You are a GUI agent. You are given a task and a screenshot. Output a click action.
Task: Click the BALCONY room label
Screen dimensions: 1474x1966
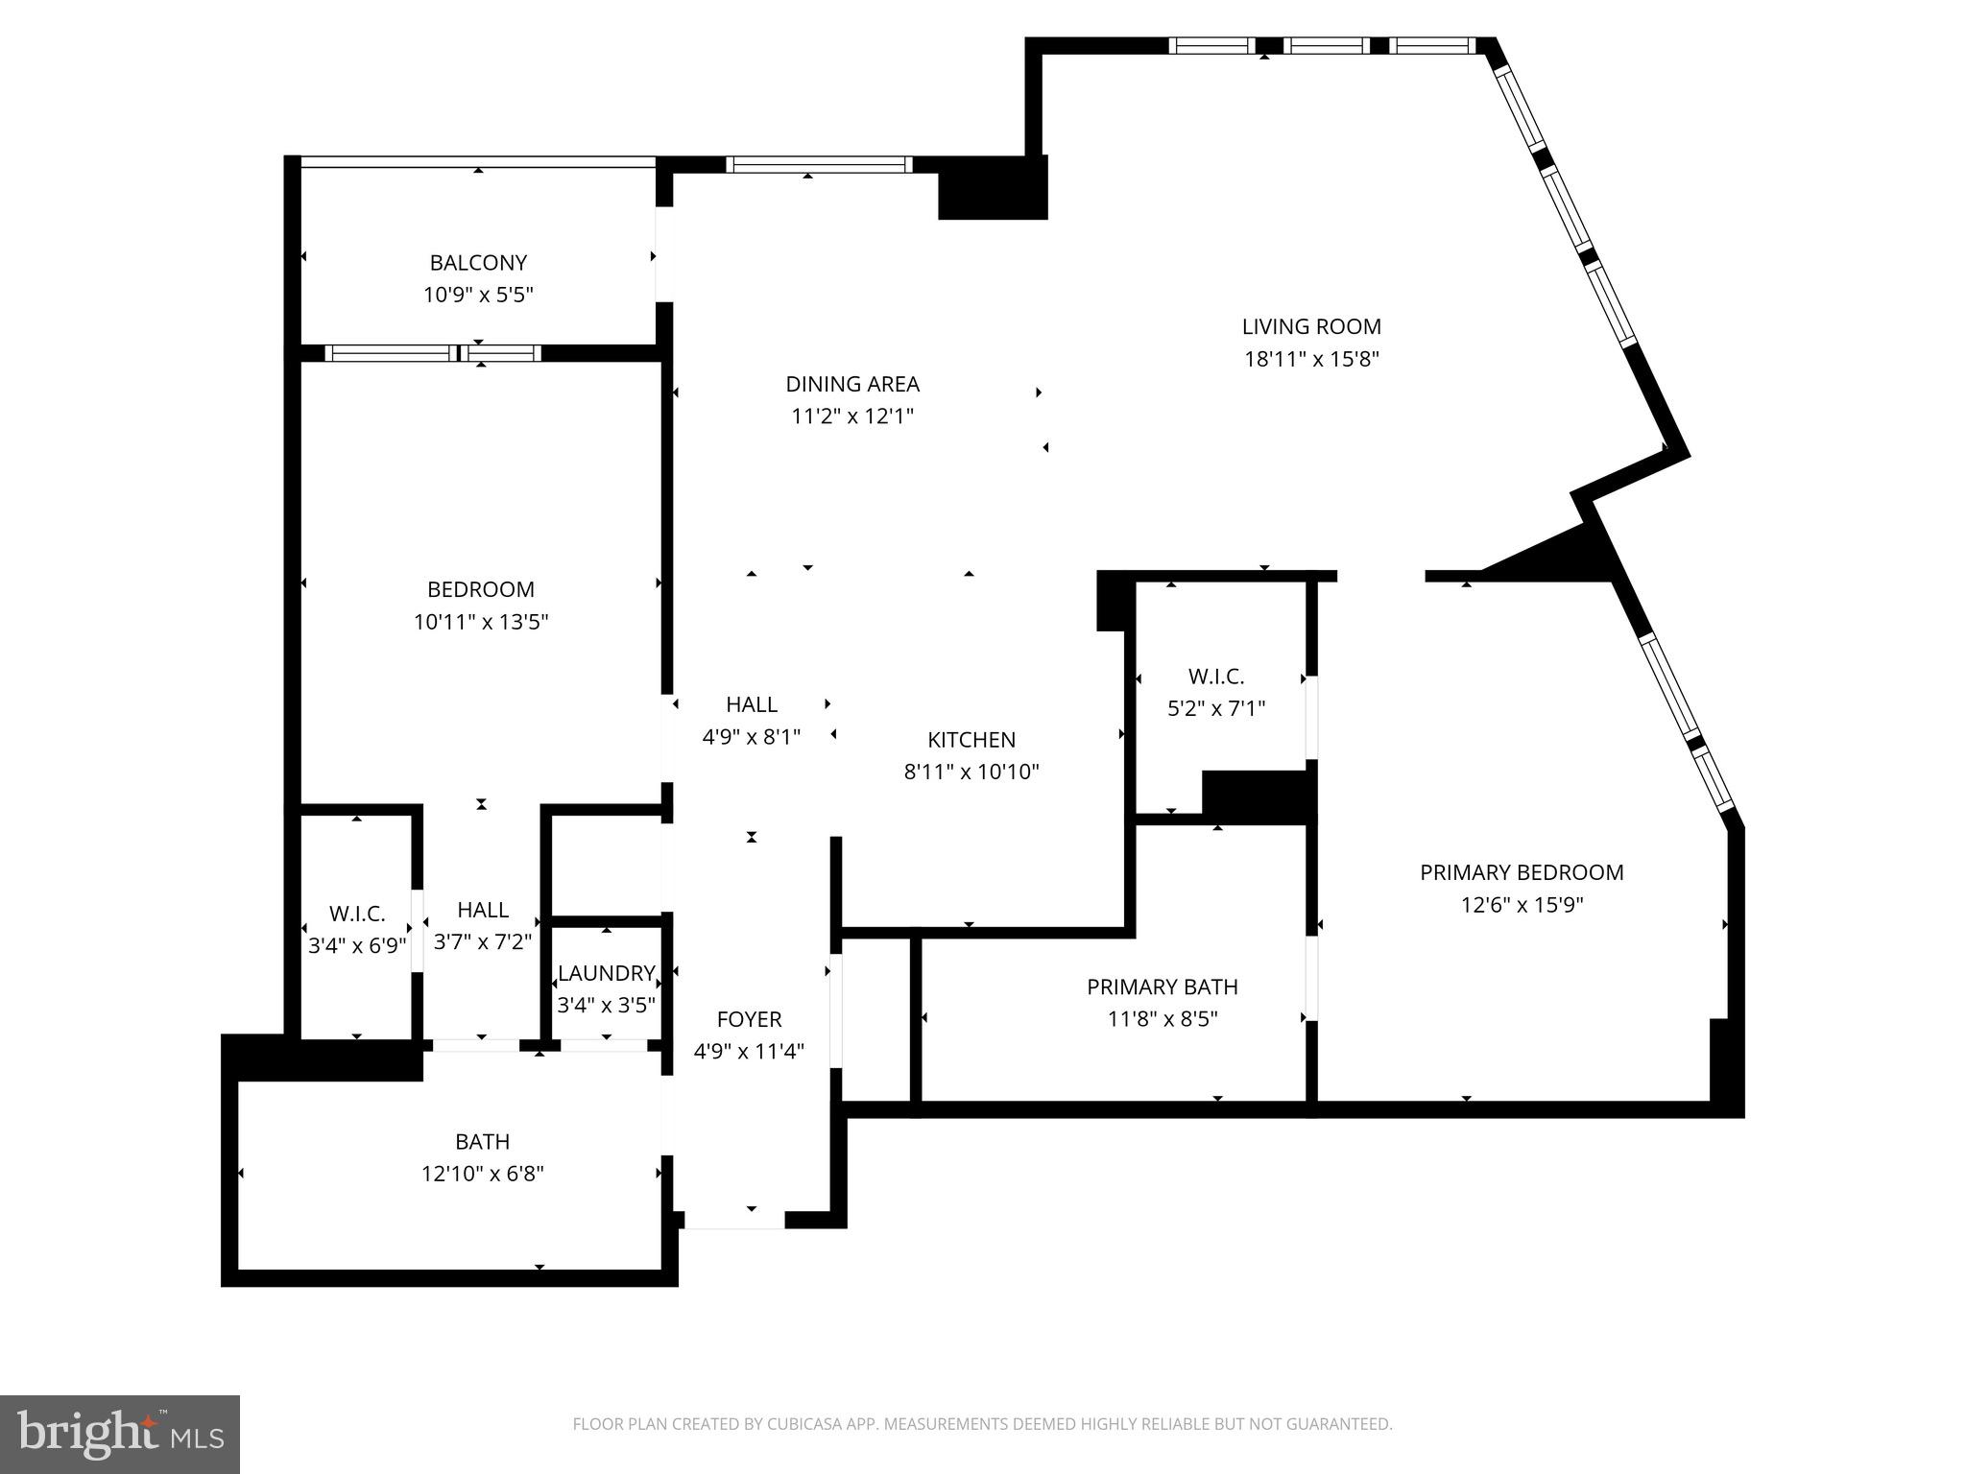click(478, 262)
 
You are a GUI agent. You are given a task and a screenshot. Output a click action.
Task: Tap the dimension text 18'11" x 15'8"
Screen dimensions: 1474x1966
click(1311, 359)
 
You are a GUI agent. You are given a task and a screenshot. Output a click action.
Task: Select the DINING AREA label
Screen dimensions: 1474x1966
click(852, 384)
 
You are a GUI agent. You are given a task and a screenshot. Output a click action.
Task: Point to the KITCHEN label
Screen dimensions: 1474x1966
click(971, 739)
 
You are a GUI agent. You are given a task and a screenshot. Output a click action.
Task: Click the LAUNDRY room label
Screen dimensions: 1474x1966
click(606, 973)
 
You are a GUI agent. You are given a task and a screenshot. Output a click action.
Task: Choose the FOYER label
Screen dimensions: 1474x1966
click(749, 1019)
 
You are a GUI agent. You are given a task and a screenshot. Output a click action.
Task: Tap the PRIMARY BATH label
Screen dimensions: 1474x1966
click(1162, 987)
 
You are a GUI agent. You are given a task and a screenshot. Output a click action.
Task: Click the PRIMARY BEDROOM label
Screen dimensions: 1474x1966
click(1522, 872)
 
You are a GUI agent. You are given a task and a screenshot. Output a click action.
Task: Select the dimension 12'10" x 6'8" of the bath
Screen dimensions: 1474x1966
click(482, 1174)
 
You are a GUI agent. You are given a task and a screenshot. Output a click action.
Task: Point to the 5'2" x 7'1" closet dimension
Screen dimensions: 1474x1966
click(1216, 709)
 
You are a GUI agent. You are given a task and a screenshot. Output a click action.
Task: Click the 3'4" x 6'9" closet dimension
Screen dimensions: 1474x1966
click(357, 945)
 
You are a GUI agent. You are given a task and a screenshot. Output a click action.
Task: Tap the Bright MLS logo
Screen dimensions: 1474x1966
click(119, 1434)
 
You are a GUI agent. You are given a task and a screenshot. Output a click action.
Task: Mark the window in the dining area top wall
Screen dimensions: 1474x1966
click(818, 165)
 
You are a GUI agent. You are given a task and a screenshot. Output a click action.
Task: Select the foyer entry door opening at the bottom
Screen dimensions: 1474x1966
click(734, 1221)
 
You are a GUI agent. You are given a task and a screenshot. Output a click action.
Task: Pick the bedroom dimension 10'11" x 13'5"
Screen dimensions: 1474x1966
click(481, 622)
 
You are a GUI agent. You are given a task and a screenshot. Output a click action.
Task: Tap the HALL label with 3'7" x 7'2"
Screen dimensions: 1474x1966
click(483, 910)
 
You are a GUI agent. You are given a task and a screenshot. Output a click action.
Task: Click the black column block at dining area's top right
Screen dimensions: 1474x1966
click(992, 189)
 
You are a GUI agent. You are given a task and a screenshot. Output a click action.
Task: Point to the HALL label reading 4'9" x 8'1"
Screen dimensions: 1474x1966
click(752, 704)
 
